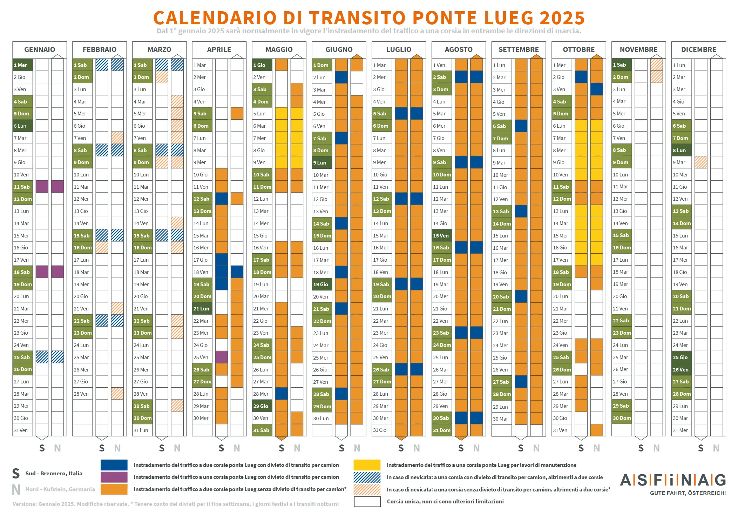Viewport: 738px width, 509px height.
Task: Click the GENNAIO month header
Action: pyautogui.click(x=40, y=49)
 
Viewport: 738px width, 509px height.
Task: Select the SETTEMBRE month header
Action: pyautogui.click(x=519, y=49)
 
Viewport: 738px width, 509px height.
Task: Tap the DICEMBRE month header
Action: pyautogui.click(x=698, y=49)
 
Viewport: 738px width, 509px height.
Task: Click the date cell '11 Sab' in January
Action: pyautogui.click(x=22, y=187)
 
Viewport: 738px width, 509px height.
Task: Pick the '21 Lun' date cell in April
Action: pyautogui.click(x=202, y=309)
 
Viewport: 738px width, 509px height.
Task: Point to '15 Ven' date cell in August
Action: pyautogui.click(x=441, y=236)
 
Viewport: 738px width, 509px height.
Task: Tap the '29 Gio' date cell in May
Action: pyautogui.click(x=262, y=406)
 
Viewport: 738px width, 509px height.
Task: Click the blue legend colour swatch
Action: pyautogui.click(x=114, y=465)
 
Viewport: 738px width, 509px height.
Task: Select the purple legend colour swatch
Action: pyautogui.click(x=114, y=477)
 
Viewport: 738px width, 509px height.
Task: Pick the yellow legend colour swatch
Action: pyautogui.click(x=367, y=465)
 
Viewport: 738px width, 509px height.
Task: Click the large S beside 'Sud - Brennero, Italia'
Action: pyautogui.click(x=16, y=474)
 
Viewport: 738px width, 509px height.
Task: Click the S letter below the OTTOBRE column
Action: pyautogui.click(x=581, y=448)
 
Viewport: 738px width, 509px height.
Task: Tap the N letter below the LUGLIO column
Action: pyautogui.click(x=417, y=448)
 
